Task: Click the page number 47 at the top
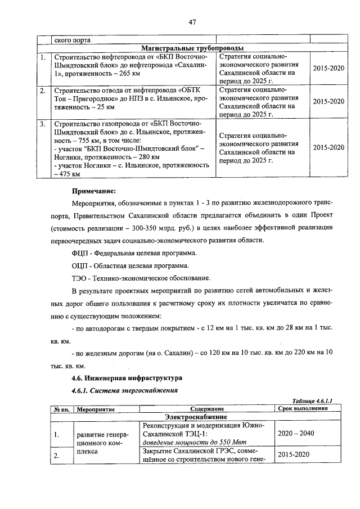pos(191,22)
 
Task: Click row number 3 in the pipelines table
pos(43,123)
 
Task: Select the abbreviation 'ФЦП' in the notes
pos(82,253)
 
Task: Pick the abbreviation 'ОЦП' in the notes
pos(82,265)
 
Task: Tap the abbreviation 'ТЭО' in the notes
pos(81,278)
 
